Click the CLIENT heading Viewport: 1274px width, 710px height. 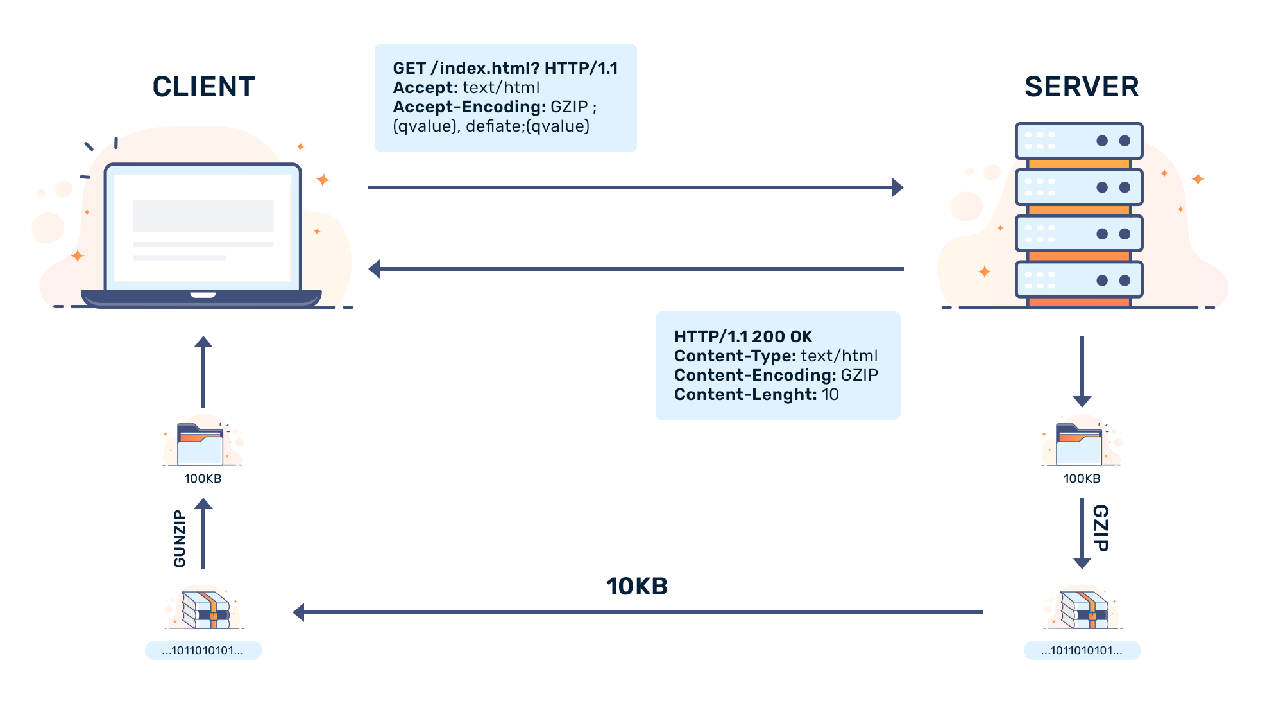pyautogui.click(x=203, y=87)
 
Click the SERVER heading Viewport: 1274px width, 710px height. pyautogui.click(x=1082, y=87)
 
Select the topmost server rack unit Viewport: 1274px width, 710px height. pyautogui.click(x=1079, y=141)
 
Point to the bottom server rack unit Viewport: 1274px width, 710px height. pyautogui.click(x=1079, y=280)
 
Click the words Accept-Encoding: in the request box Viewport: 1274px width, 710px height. pyautogui.click(x=469, y=107)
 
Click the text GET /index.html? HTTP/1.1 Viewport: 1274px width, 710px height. pyautogui.click(x=505, y=68)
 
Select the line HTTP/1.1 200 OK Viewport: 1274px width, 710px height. pyautogui.click(x=743, y=336)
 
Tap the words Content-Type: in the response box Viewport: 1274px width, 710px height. pyautogui.click(x=735, y=356)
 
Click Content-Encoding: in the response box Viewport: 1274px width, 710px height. pyautogui.click(x=754, y=375)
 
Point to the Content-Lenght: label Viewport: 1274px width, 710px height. pyautogui.click(x=745, y=394)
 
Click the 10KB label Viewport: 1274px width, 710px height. pyautogui.click(x=636, y=586)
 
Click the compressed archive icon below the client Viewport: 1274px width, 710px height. pyautogui.click(x=205, y=608)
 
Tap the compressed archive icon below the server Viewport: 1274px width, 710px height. pyautogui.click(x=1083, y=608)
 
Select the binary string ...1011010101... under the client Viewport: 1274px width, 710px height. pyautogui.click(x=203, y=650)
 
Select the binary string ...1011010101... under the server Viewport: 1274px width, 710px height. pyautogui.click(x=1082, y=650)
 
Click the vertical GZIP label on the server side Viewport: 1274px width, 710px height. pyautogui.click(x=1101, y=528)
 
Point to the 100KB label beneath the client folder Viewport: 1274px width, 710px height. pyautogui.click(x=203, y=479)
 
